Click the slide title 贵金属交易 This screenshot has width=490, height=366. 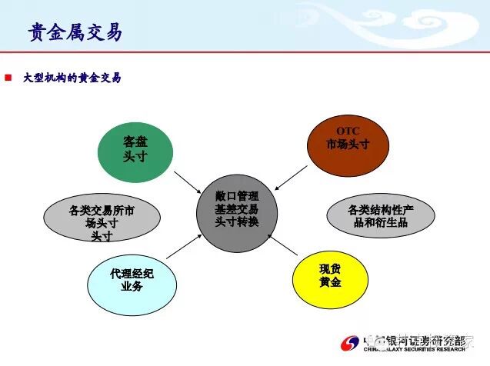(x=75, y=32)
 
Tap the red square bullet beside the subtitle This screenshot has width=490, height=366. (x=9, y=78)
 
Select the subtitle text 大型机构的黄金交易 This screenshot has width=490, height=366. (x=72, y=78)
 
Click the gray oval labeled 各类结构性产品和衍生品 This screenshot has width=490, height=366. (x=381, y=215)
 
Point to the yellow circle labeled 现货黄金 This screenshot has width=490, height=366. (x=329, y=275)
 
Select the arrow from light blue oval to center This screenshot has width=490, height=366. (x=185, y=247)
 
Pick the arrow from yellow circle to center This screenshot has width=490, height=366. (x=282, y=245)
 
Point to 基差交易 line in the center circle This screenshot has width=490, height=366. (x=237, y=209)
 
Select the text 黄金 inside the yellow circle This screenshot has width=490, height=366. (x=329, y=282)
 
